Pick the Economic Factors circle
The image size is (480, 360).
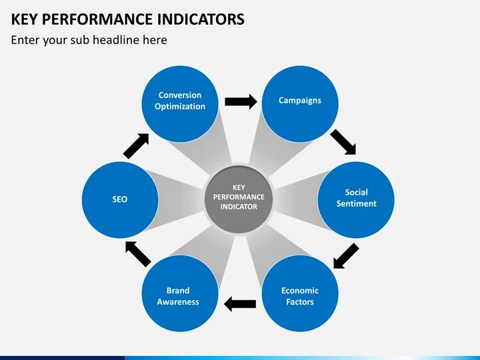[300, 295]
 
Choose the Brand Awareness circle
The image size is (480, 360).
[178, 295]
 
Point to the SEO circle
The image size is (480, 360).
[120, 199]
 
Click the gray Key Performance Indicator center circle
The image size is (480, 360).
[239, 197]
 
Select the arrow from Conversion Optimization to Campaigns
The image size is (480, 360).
[241, 101]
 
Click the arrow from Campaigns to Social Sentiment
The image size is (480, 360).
[343, 141]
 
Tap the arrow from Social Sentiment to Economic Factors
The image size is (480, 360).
[345, 256]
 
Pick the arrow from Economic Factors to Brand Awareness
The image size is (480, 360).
[240, 304]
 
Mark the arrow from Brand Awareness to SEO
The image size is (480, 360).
[139, 253]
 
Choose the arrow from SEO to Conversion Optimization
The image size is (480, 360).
[137, 145]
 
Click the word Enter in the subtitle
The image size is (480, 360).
[25, 40]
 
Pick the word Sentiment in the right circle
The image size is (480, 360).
[357, 204]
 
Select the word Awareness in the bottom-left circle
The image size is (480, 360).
[178, 302]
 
